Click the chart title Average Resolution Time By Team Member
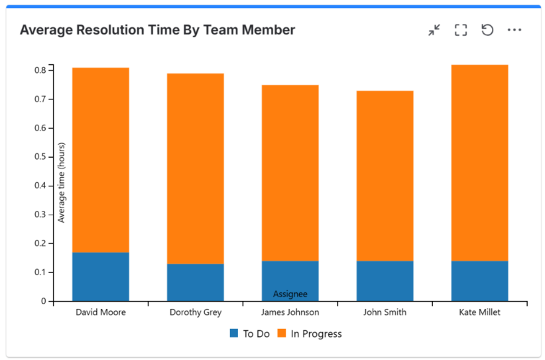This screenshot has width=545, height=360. (157, 30)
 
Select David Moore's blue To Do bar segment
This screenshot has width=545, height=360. (101, 276)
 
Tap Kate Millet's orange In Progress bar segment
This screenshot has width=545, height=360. (479, 162)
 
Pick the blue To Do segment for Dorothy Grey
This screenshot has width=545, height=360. (196, 282)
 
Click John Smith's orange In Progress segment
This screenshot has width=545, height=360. (385, 176)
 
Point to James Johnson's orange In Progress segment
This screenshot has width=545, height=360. (290, 172)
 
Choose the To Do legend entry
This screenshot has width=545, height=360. (250, 333)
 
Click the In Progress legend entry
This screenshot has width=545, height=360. (310, 333)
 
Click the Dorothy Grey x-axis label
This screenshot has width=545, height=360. (196, 312)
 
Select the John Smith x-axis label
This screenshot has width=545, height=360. (385, 312)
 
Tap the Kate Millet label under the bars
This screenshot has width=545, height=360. (479, 312)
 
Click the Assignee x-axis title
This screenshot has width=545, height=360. (290, 294)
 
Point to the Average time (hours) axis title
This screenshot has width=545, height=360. (62, 182)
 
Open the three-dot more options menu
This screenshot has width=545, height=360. (515, 30)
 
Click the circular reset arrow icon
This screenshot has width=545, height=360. (487, 30)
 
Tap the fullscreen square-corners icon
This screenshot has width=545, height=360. (461, 30)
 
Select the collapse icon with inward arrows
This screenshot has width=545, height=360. (434, 30)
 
